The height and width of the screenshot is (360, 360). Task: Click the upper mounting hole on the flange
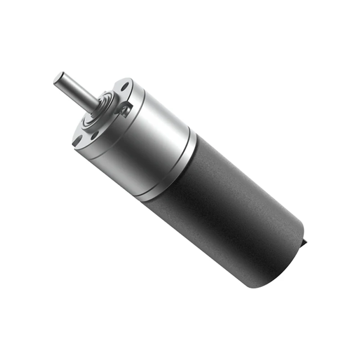125,85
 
